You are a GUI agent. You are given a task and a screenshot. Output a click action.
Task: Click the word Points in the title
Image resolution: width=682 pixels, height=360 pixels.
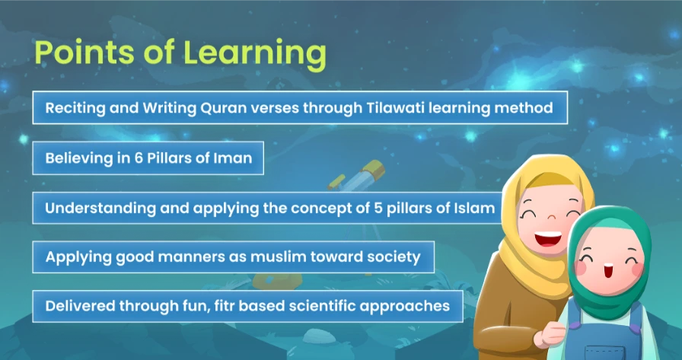tap(82, 52)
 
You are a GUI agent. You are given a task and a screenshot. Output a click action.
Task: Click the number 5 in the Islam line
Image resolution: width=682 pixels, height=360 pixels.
tap(378, 208)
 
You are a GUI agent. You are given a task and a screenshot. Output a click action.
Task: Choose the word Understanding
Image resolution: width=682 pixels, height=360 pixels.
tap(100, 209)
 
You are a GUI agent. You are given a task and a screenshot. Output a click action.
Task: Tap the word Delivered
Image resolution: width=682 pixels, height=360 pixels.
tap(80, 306)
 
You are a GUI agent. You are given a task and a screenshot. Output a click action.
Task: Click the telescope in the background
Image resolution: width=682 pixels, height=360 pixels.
tap(357, 175)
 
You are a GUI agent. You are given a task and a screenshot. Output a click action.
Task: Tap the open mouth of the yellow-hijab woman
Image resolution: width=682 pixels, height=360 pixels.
tap(547, 238)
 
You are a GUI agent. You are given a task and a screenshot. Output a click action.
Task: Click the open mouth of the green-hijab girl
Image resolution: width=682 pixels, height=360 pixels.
tap(606, 272)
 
